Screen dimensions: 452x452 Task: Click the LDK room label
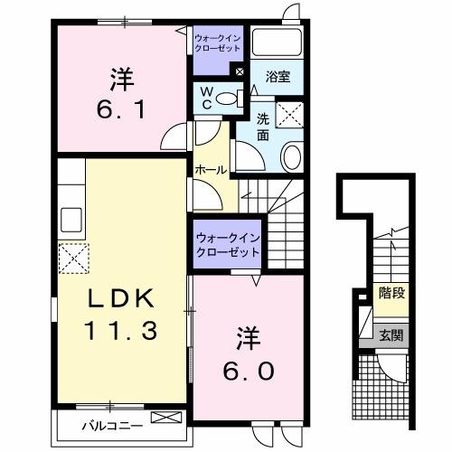point(123,298)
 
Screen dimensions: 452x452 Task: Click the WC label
point(205,97)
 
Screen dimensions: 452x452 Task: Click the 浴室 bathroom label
point(278,78)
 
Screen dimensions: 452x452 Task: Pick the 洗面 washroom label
point(263,126)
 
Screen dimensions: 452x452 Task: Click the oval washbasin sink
point(292,157)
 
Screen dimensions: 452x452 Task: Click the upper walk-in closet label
point(217,42)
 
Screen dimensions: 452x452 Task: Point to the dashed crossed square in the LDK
point(73,259)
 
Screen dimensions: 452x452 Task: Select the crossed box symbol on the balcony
point(165,419)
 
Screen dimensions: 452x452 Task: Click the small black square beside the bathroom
point(240,71)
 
